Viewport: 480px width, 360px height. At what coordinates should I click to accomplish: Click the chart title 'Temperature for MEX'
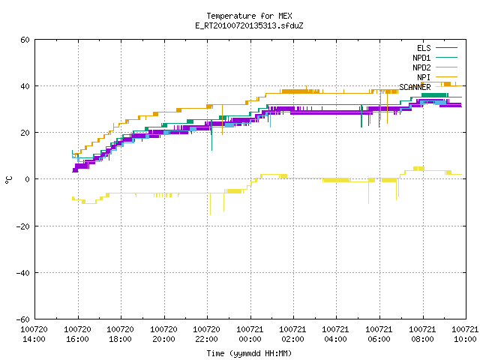click(249, 16)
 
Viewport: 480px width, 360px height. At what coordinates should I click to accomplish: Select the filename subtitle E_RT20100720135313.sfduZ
click(249, 25)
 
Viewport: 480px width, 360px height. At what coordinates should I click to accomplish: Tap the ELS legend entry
click(436, 48)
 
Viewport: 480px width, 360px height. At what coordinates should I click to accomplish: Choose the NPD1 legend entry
click(435, 58)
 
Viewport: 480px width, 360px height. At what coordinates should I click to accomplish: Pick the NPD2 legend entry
click(435, 67)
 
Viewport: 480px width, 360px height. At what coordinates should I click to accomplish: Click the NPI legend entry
click(436, 77)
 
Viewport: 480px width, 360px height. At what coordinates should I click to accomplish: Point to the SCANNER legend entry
click(428, 87)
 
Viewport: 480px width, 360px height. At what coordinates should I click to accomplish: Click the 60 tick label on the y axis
click(25, 40)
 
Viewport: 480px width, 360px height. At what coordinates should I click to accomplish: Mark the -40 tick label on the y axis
click(22, 273)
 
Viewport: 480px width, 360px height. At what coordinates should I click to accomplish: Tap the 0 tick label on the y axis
click(28, 179)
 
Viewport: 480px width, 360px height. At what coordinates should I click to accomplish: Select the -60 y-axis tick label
click(22, 319)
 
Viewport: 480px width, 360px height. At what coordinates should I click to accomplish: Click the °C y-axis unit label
click(8, 180)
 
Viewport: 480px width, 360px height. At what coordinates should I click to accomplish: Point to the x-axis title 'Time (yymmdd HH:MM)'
click(249, 353)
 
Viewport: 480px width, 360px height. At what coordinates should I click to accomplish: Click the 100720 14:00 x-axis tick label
click(34, 334)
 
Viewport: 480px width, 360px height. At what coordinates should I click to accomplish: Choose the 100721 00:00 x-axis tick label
click(250, 334)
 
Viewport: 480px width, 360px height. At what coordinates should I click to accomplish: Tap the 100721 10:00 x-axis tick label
click(465, 334)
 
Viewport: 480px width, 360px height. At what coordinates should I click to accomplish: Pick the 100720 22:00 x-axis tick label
click(207, 334)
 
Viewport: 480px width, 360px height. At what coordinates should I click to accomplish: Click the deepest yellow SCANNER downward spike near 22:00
click(210, 204)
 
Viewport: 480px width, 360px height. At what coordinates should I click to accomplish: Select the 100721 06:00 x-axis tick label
click(379, 334)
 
